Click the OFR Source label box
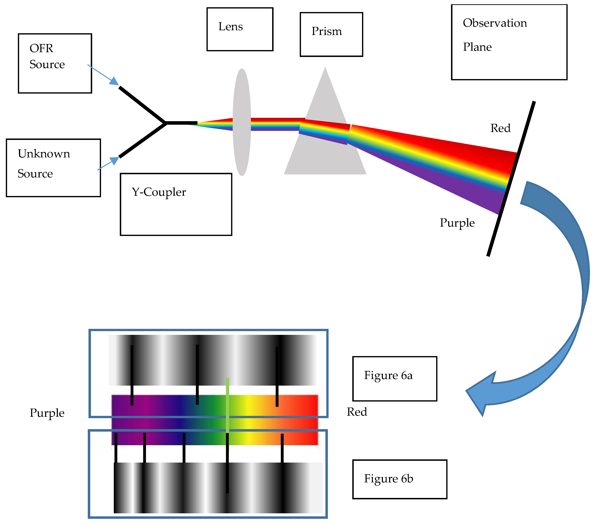55,63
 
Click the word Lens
230,27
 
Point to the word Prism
326,31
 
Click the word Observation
495,23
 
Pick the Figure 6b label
388,479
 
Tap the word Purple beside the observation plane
457,223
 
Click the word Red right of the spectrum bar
357,412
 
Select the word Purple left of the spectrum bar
47,413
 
